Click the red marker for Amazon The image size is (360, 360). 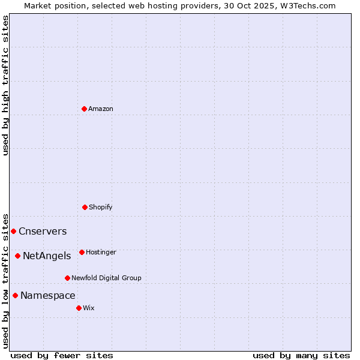[84, 109]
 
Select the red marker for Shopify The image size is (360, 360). [85, 207]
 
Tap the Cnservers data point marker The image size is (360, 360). [13, 231]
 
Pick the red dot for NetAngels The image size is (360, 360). [17, 256]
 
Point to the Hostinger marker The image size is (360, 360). [82, 252]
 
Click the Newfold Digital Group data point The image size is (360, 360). [67, 278]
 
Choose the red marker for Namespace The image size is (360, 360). [15, 295]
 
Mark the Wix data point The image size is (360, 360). [79, 308]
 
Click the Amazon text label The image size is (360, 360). [100, 109]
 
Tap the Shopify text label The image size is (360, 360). [100, 207]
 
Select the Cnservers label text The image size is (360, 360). [43, 232]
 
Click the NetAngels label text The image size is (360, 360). [47, 256]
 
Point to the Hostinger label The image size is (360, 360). [101, 252]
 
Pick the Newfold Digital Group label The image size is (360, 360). [106, 278]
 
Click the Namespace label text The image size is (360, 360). [47, 296]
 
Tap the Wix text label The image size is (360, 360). [89, 308]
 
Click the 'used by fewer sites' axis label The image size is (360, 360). [62, 355]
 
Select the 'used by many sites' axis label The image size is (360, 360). [301, 355]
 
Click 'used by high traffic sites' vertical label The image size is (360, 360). [5, 85]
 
